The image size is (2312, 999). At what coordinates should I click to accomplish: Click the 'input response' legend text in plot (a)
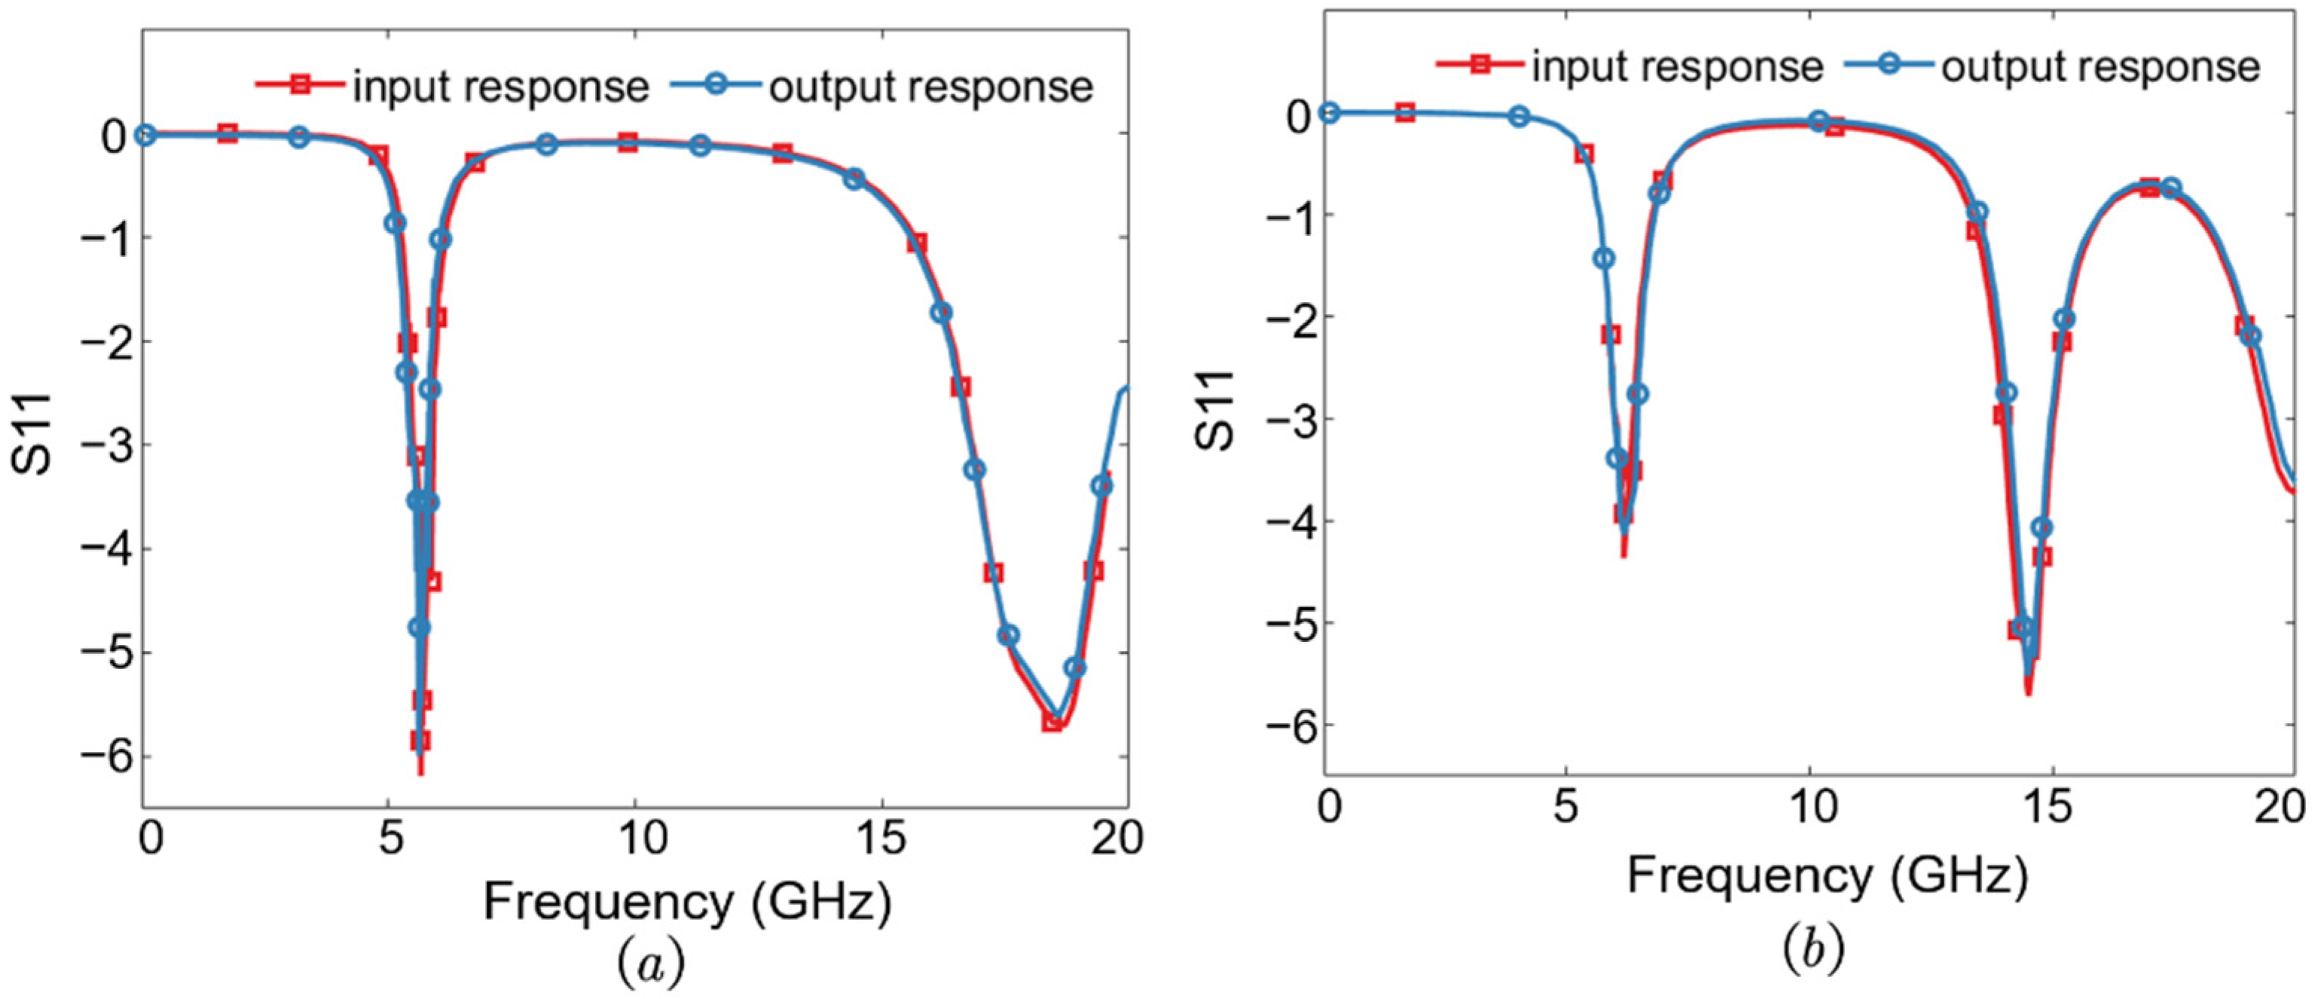pos(500,87)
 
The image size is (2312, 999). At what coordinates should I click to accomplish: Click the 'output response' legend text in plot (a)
pos(930,87)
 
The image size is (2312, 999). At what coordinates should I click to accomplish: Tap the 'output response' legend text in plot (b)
pos(2100,66)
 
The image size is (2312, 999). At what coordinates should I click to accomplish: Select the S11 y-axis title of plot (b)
pos(1215,410)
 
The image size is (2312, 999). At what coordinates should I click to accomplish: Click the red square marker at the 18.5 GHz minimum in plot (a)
pos(1052,721)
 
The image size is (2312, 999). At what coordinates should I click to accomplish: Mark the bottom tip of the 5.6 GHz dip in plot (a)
pos(421,772)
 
